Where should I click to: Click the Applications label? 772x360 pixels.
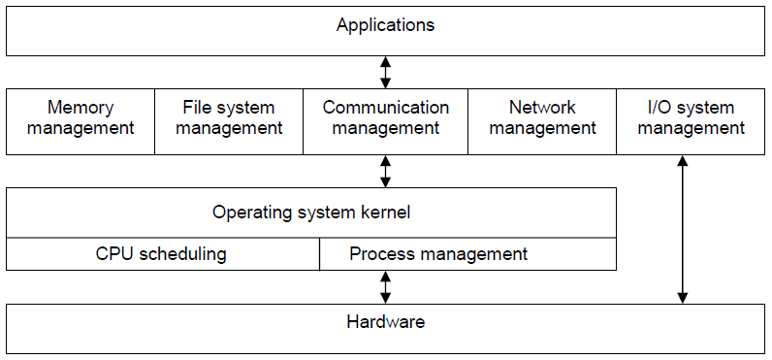tap(385, 25)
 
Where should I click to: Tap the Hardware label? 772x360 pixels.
tap(385, 322)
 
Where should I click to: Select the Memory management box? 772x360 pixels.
tap(80, 121)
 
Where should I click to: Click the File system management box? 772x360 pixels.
tap(229, 121)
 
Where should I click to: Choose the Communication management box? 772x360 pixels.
tap(385, 121)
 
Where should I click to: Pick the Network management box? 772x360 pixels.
tap(542, 121)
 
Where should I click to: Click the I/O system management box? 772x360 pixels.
tap(691, 121)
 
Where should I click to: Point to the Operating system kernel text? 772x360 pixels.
tap(311, 213)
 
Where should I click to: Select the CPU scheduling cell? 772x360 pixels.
tap(163, 254)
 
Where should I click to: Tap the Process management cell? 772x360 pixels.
tap(467, 254)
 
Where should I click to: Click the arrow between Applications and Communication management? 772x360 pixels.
tap(385, 72)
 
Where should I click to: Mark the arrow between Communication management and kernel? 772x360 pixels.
tap(385, 172)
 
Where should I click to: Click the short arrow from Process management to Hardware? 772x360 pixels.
tap(385, 287)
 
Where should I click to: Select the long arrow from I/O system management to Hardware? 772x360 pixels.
tap(683, 230)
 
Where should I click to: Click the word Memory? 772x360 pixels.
tap(80, 108)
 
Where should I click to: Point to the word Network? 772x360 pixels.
tap(542, 108)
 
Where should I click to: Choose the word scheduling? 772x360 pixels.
tap(181, 254)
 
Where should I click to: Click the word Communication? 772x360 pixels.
tap(385, 108)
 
